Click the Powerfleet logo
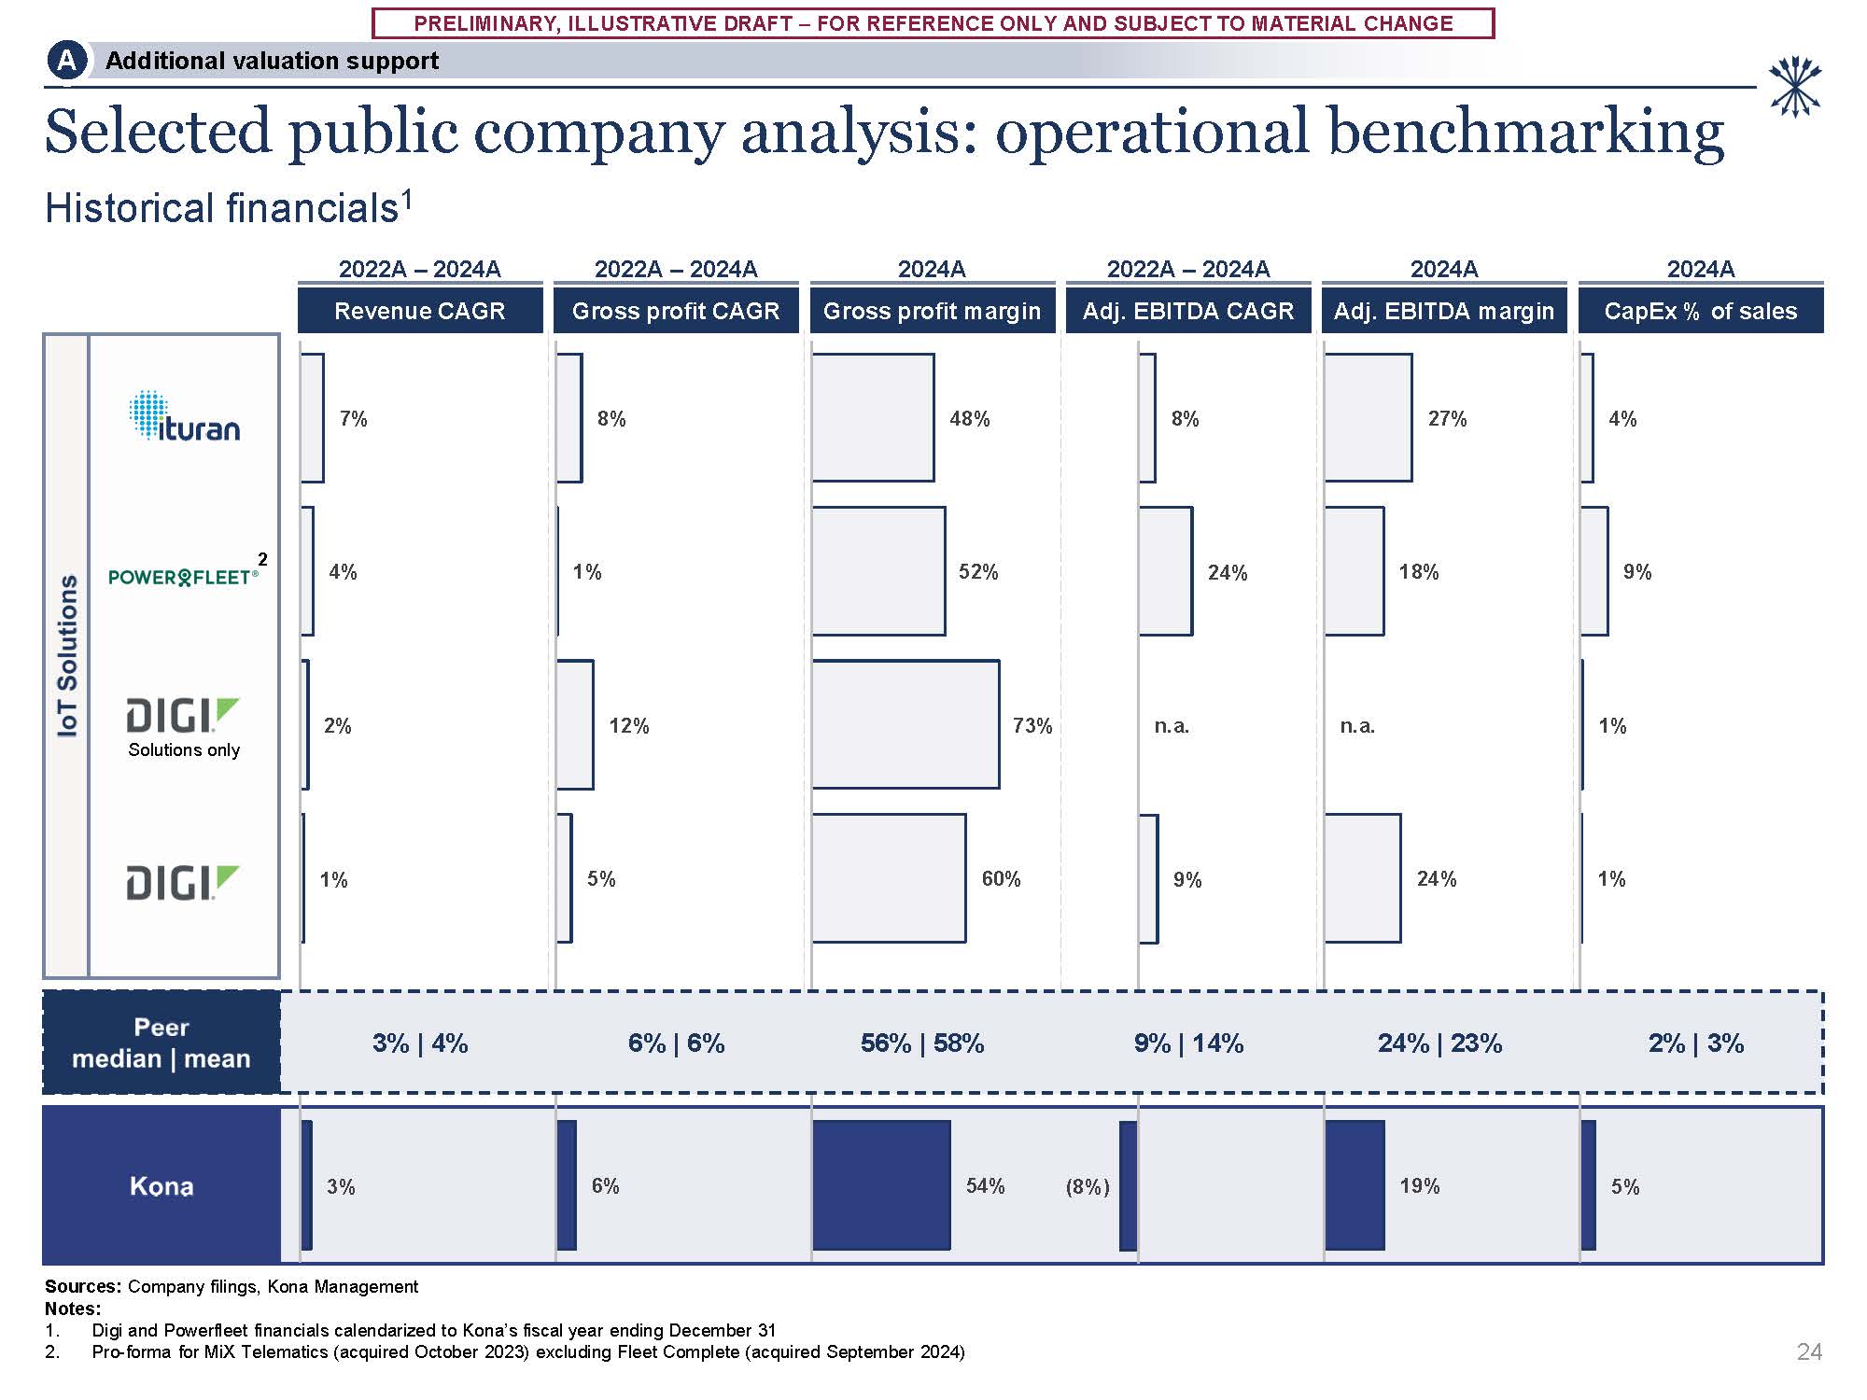(183, 577)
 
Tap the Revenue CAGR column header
(420, 311)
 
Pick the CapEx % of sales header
(1700, 311)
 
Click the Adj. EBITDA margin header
(1443, 311)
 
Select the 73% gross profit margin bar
(905, 724)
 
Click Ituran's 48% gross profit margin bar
(872, 417)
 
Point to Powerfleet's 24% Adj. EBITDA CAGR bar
(1165, 571)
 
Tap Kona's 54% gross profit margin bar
(881, 1185)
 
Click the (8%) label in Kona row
(1088, 1187)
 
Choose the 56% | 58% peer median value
(922, 1043)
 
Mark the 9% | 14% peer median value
(1188, 1043)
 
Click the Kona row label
(161, 1186)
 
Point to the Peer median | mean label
(161, 1043)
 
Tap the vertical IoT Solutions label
(67, 655)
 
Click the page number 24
(1809, 1351)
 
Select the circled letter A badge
(66, 61)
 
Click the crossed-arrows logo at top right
(1794, 87)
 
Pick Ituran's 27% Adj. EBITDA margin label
(1447, 419)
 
